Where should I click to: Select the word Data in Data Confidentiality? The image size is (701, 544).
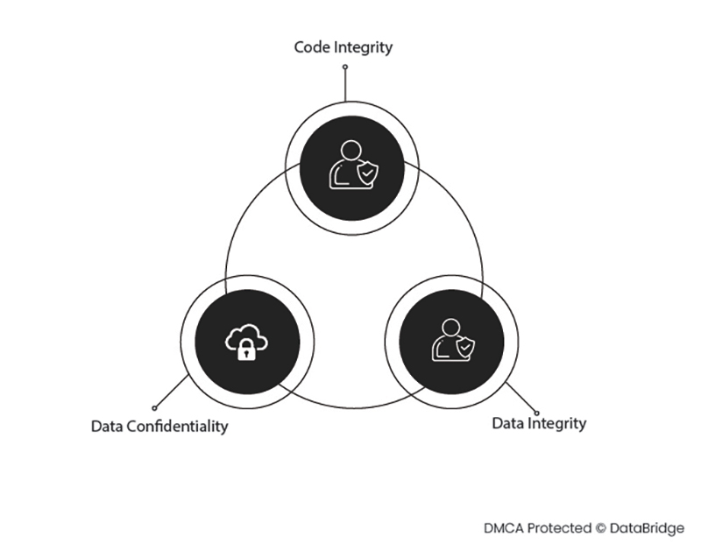click(x=107, y=427)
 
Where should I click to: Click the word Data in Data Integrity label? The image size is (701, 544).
click(x=507, y=423)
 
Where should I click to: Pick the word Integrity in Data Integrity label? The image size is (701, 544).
click(x=557, y=424)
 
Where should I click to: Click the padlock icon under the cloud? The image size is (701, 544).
click(x=248, y=351)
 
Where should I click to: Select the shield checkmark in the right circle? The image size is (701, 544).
click(x=464, y=347)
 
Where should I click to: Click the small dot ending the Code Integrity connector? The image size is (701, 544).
click(x=345, y=67)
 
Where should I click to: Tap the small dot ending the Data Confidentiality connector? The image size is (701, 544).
click(x=154, y=407)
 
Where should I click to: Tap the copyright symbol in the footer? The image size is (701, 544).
click(x=600, y=528)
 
